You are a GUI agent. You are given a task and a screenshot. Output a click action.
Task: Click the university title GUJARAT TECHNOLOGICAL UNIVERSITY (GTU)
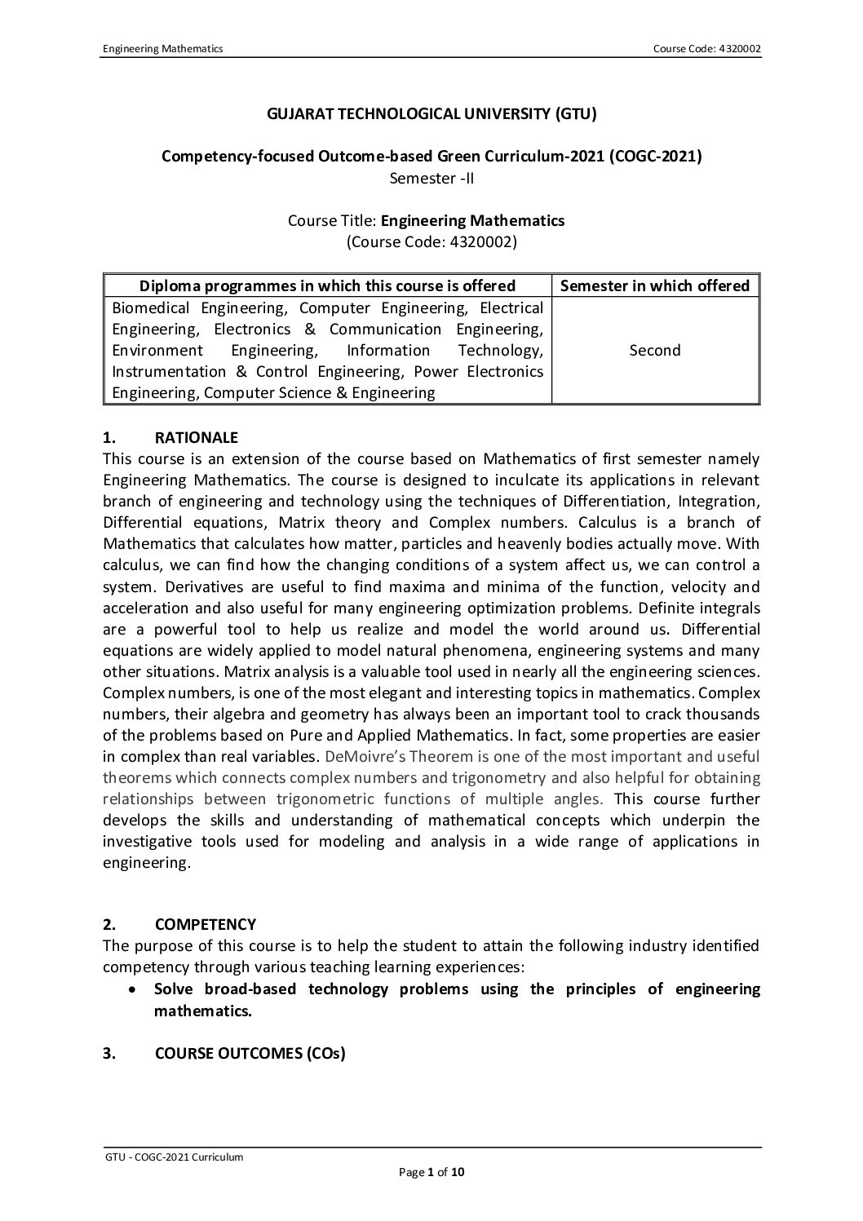(431, 113)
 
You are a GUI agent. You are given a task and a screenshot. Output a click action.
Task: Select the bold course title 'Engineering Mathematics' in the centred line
(472, 220)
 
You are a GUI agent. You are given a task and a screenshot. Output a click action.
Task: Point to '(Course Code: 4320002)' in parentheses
(431, 241)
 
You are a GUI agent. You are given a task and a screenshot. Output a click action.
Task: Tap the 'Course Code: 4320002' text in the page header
(706, 49)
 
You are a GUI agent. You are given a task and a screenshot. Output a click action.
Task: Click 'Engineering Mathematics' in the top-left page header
(162, 49)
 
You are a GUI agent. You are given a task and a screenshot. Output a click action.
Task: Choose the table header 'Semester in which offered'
(655, 285)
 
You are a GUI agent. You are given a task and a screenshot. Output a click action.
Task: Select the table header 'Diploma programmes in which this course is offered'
(328, 285)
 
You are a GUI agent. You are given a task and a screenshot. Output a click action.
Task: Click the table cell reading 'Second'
(655, 350)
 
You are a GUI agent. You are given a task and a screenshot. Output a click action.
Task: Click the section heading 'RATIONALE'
(197, 438)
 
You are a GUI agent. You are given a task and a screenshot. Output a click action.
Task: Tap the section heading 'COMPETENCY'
(205, 924)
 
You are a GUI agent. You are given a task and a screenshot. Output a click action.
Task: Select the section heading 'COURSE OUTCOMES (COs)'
(250, 1053)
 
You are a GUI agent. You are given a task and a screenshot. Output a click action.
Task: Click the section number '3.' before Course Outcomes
(109, 1053)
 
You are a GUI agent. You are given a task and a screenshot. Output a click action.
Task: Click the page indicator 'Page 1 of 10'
(431, 1173)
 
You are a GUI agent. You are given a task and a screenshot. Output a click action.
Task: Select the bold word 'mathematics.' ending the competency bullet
(203, 1011)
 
